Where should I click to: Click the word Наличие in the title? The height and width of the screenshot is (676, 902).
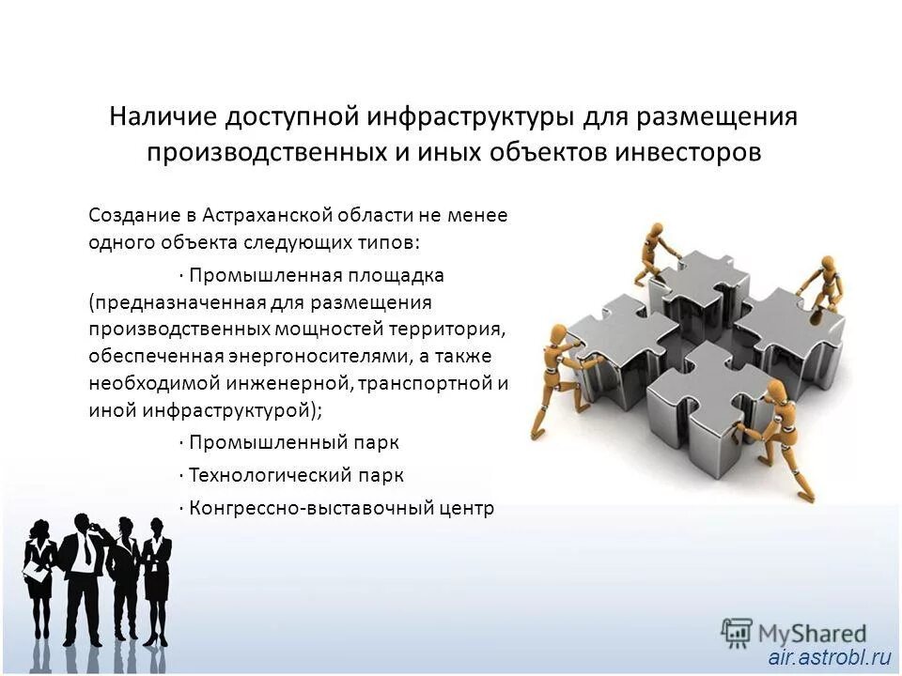coord(162,117)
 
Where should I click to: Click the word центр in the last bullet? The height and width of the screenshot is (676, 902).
coord(466,508)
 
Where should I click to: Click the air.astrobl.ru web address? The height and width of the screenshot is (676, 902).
coord(828,658)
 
